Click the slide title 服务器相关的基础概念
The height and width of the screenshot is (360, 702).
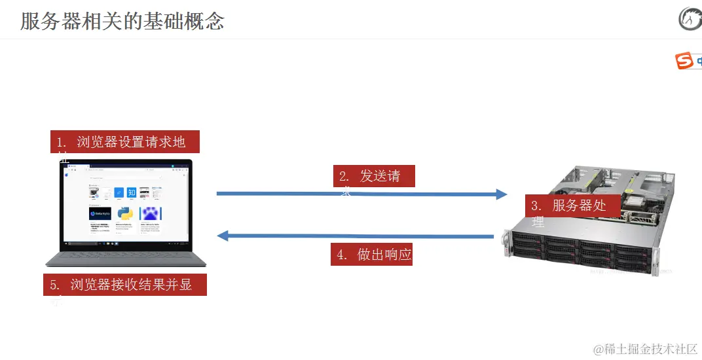coord(122,22)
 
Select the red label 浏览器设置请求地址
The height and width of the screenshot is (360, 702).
coord(124,142)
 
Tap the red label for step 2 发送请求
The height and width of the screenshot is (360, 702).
coord(373,176)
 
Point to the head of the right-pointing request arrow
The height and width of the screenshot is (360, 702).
coord(501,194)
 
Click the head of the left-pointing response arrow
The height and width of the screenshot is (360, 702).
coord(223,236)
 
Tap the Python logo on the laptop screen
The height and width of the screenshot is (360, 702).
coord(124,214)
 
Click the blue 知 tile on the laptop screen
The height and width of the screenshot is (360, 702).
coord(131,192)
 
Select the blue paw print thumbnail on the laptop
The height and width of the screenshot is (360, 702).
coord(150,214)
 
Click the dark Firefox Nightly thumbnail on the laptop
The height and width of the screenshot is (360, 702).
coord(100,214)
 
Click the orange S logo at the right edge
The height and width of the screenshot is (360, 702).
coord(684,62)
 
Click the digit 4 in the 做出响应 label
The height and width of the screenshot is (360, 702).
coord(341,255)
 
